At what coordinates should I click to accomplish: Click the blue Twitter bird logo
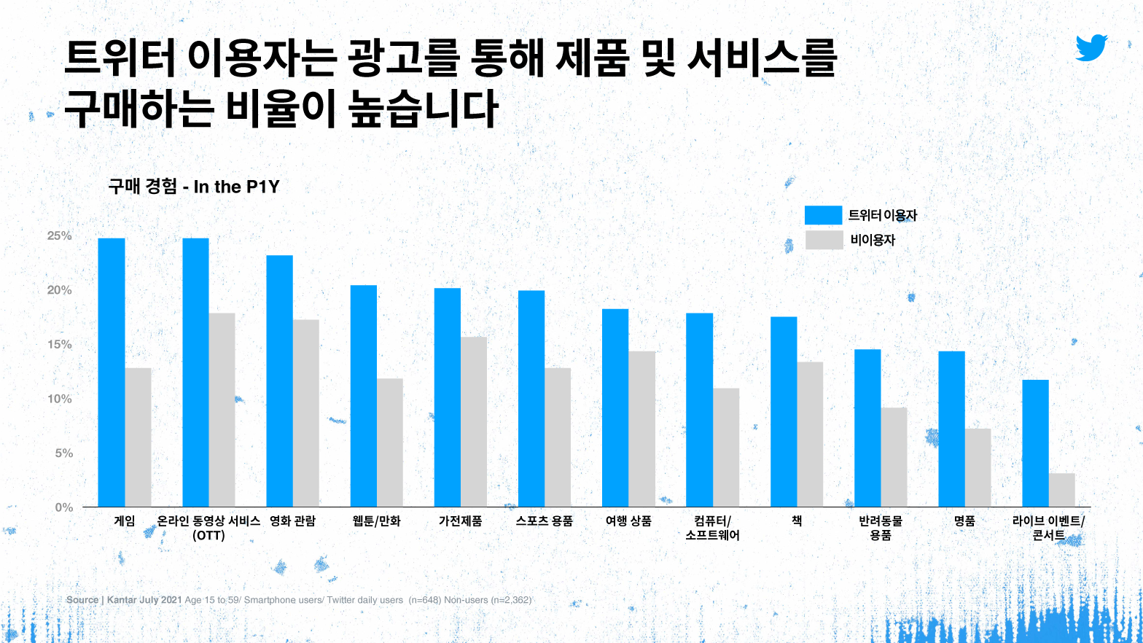[x=1091, y=47]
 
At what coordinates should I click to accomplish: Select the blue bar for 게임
[x=112, y=372]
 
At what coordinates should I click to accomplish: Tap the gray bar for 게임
[x=138, y=437]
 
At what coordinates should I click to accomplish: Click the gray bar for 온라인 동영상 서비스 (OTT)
[x=222, y=410]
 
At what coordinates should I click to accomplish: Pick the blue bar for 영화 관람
[x=279, y=381]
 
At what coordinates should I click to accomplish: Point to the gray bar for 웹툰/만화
[x=389, y=443]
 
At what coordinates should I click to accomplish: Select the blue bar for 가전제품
[x=448, y=397]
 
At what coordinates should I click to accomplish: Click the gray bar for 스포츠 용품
[x=558, y=437]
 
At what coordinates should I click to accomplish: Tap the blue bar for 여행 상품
[x=615, y=408]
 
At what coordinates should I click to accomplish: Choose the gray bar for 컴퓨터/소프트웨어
[x=726, y=447]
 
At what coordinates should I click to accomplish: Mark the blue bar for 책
[x=784, y=412]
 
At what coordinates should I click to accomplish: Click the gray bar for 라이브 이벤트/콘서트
[x=1062, y=490]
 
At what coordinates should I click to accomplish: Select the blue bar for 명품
[x=951, y=429]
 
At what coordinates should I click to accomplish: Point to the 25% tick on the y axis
[x=60, y=236]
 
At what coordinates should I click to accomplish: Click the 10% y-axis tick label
[x=60, y=399]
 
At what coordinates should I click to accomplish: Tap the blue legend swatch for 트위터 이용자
[x=823, y=215]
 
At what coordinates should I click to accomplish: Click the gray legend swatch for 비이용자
[x=824, y=240]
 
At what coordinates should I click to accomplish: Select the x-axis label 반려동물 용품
[x=881, y=528]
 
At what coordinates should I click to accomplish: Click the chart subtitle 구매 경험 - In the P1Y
[x=194, y=187]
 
